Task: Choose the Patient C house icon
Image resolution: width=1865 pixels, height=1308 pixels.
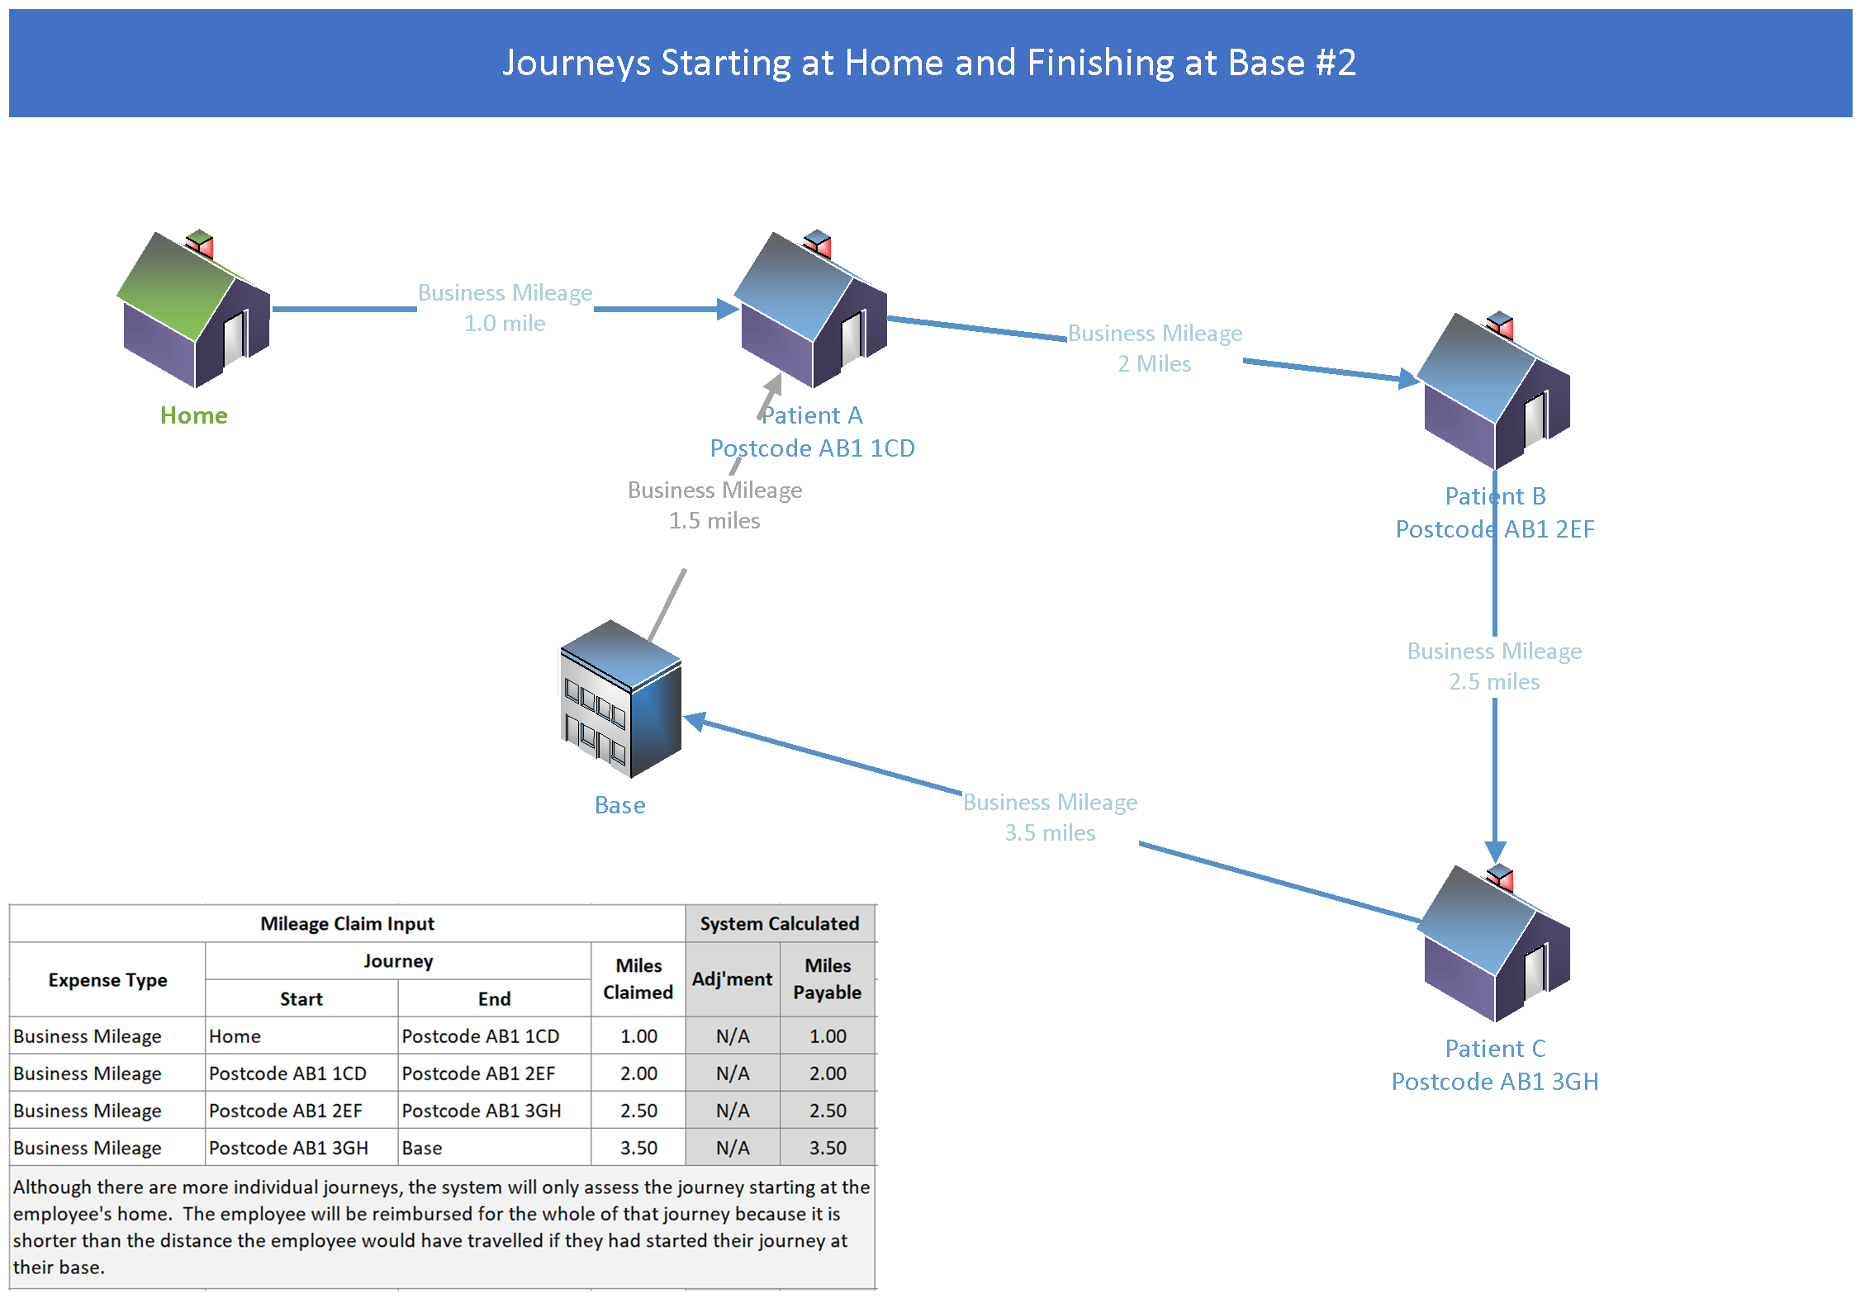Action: click(1495, 944)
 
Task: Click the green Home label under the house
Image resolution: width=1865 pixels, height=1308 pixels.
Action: click(194, 415)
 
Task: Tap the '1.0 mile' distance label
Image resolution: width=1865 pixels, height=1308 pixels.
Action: click(505, 324)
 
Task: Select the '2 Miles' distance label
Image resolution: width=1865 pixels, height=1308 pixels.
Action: click(1155, 364)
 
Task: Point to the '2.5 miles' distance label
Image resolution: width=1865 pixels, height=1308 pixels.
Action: click(1494, 682)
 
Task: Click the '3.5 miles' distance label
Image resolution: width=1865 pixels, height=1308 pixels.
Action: click(1050, 833)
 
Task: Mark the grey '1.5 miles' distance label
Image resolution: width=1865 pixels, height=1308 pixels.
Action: click(714, 521)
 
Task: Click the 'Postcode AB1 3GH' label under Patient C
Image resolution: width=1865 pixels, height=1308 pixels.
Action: click(1495, 1082)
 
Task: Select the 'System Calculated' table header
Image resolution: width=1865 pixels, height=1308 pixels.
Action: click(780, 924)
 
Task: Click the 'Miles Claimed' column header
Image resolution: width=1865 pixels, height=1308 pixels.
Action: click(638, 979)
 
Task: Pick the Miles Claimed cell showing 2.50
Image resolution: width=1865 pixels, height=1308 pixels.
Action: click(638, 1111)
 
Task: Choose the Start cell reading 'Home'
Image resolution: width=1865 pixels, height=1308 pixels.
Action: click(235, 1036)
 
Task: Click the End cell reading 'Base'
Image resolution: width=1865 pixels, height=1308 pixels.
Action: click(422, 1148)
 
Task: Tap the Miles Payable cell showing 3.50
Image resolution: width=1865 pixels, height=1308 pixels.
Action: click(828, 1148)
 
